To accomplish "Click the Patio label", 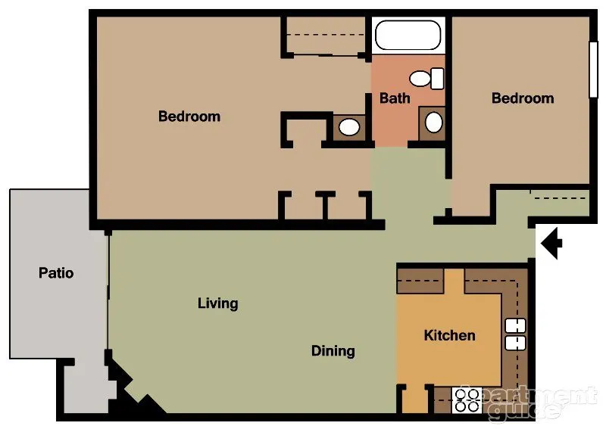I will (56, 272).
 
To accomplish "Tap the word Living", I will (218, 303).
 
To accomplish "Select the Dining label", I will (333, 350).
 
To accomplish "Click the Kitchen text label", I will (449, 335).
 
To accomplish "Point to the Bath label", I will (395, 98).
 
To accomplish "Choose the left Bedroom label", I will (189, 117).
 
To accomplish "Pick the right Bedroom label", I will (523, 98).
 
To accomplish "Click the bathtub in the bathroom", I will (408, 35).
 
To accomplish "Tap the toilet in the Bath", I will (427, 77).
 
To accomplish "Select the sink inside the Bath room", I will (433, 121).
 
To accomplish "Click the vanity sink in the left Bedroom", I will (348, 126).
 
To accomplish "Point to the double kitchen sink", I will (515, 334).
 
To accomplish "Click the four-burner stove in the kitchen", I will (467, 399).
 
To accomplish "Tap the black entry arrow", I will (551, 243).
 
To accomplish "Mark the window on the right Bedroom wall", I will (593, 68).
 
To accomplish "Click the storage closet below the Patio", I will (86, 387).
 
